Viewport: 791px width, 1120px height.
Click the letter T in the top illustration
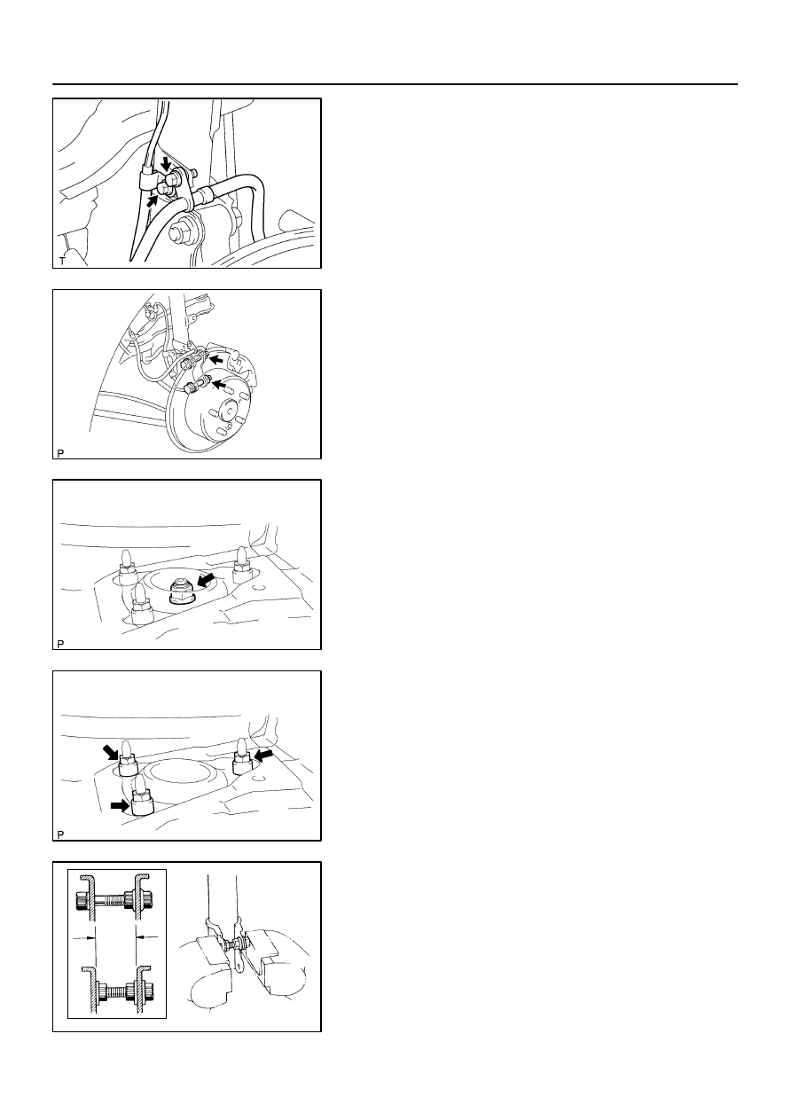(62, 261)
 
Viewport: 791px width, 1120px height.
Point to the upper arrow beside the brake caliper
(216, 358)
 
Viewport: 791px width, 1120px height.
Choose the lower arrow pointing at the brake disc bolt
(219, 385)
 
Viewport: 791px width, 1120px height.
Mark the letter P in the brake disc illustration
(60, 453)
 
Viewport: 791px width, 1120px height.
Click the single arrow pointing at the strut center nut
(206, 580)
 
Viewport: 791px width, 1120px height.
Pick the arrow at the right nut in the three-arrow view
(264, 754)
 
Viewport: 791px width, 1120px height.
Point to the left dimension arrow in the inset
(84, 938)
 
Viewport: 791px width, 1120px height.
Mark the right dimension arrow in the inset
(147, 937)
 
